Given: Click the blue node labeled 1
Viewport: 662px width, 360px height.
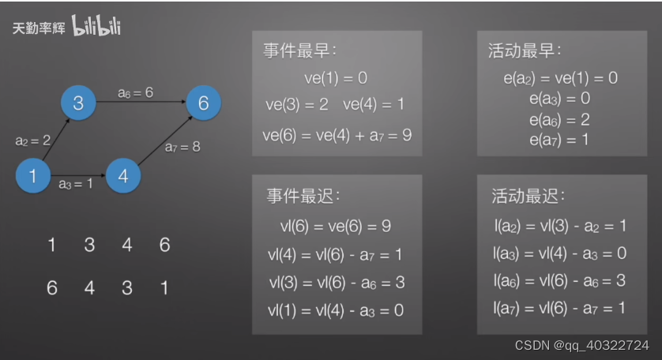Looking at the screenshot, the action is [33, 176].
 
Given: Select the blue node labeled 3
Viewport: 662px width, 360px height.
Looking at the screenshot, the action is [78, 103].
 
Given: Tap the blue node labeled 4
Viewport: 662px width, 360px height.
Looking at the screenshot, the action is [123, 176].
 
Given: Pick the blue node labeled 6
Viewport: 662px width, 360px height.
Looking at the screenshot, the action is [204, 103].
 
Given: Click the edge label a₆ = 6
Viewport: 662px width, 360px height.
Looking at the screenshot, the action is [135, 93].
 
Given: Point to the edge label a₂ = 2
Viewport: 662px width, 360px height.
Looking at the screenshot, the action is [32, 141].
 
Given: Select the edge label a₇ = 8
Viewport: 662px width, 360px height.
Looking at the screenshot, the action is [182, 147].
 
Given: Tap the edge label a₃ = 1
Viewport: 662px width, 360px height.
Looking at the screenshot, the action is [76, 184].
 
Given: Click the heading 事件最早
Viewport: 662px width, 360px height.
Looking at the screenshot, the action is [299, 51].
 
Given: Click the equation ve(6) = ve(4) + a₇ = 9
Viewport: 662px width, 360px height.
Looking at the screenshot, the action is [337, 135].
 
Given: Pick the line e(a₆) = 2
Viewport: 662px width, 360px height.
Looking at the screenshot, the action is [560, 120].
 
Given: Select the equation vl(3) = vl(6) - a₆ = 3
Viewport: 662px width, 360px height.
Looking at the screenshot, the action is [337, 283].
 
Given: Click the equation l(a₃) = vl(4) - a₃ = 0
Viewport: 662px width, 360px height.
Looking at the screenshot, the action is [560, 253].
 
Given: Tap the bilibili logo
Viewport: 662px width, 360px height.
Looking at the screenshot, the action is [96, 27].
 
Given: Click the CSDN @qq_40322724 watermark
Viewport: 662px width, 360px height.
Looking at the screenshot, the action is [582, 346].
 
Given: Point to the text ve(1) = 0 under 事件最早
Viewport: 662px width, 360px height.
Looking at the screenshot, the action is [336, 78].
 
